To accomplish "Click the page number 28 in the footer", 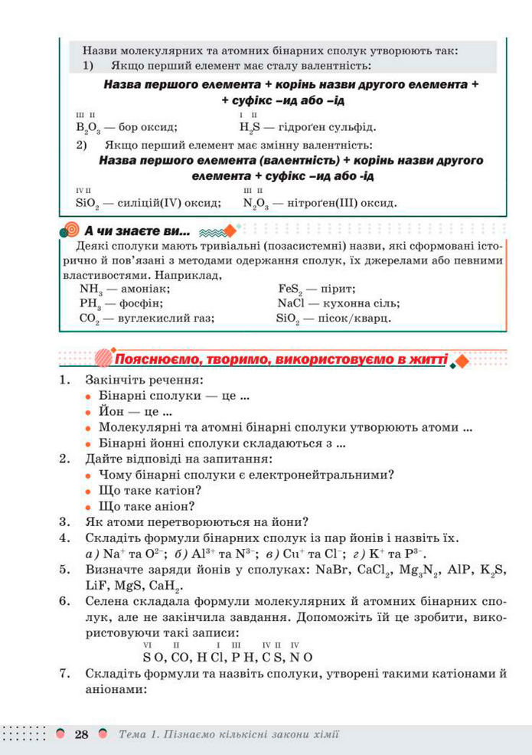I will tap(81, 734).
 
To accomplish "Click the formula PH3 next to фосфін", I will tap(91, 303).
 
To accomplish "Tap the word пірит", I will tap(335, 289).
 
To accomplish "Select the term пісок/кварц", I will tap(357, 317).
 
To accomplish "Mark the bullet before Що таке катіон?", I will tap(90, 491).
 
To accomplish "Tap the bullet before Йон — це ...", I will tap(90, 413).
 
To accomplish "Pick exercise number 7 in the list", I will tap(65, 675).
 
